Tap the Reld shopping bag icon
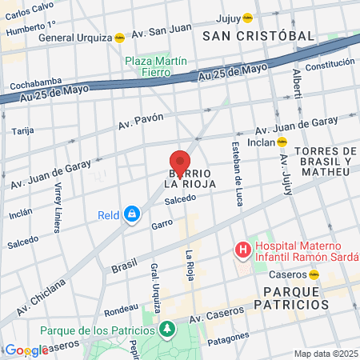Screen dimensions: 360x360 pyautogui.click(x=132, y=214)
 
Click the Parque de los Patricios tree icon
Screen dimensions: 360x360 pyautogui.click(x=166, y=329)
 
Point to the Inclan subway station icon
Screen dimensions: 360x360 pyautogui.click(x=282, y=142)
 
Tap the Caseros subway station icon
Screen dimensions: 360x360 pyautogui.click(x=314, y=274)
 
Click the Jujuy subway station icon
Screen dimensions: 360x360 pyautogui.click(x=248, y=17)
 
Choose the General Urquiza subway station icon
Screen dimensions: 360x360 pyautogui.click(x=120, y=37)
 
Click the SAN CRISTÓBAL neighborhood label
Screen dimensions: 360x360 pyautogui.click(x=258, y=36)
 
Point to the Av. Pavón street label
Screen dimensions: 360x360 pyautogui.click(x=141, y=121)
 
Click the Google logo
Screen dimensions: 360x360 pyautogui.click(x=26, y=350)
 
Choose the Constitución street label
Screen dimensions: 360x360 pyautogui.click(x=330, y=65)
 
